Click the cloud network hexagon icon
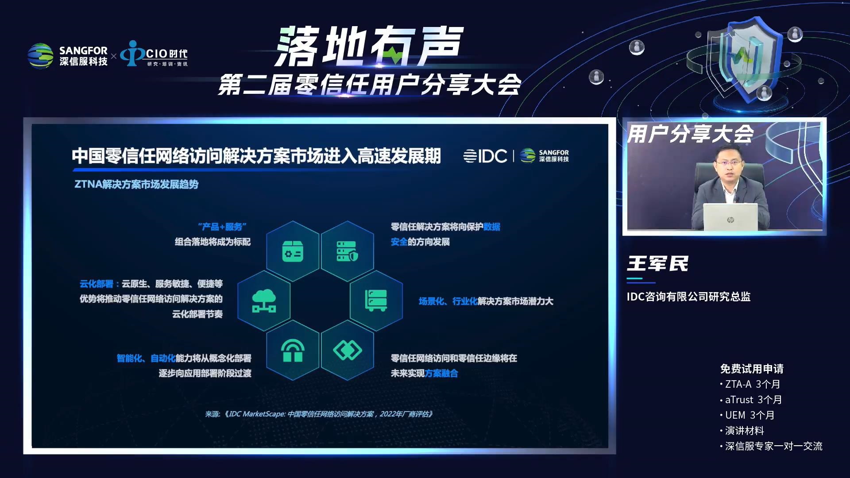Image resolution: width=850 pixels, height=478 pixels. point(264,301)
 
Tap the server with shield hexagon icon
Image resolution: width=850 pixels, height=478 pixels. point(348,251)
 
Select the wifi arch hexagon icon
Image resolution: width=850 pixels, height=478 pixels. point(293,351)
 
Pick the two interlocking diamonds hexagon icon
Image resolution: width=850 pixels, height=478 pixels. point(348,351)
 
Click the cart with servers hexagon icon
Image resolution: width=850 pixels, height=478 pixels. point(376,301)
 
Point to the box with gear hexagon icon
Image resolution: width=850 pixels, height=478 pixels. point(293,251)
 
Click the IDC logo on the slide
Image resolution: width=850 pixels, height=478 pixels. point(485,156)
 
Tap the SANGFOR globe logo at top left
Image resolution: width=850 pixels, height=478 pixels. point(40,56)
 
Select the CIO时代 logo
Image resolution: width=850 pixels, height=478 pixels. point(154,54)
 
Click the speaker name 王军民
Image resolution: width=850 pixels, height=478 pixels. point(657,264)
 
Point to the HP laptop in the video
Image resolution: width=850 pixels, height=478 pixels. point(730,217)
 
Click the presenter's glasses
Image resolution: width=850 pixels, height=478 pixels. point(729,163)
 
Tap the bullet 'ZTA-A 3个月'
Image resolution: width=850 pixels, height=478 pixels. point(750,384)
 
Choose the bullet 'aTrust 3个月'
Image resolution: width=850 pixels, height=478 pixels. point(751,400)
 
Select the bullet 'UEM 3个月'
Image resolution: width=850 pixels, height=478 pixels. point(748,415)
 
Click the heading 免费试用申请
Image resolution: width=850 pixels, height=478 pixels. point(752,369)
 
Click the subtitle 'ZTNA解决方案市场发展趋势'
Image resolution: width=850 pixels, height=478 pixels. point(136,184)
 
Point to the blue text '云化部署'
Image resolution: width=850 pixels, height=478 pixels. point(97,284)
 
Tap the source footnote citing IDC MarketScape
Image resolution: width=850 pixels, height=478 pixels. point(319,414)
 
